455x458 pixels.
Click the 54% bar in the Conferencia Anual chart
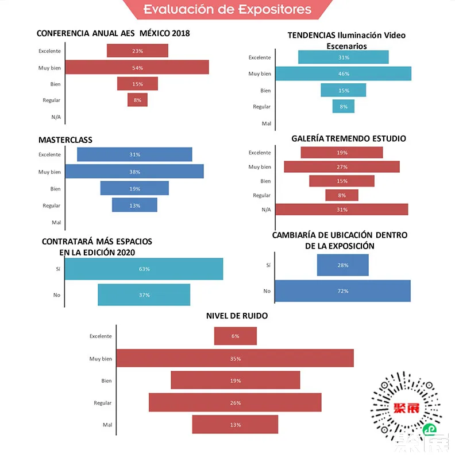point(137,68)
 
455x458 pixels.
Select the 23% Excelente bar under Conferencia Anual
point(137,51)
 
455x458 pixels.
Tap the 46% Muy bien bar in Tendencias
point(344,74)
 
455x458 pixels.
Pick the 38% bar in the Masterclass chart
point(134,172)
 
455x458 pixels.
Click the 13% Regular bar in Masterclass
point(134,205)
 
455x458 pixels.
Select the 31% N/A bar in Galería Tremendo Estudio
point(342,209)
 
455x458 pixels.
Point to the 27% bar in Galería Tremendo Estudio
point(342,167)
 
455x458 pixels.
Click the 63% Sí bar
point(144,269)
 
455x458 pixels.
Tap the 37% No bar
point(144,295)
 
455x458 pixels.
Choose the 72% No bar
point(342,291)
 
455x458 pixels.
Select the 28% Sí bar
point(342,265)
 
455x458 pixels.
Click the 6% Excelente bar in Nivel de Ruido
point(236,336)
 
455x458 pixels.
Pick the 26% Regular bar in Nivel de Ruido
point(235,403)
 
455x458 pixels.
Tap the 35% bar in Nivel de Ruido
point(235,359)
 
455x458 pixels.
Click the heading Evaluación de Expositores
point(227,10)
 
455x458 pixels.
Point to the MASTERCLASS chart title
point(65,140)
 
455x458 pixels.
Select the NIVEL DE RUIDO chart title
point(237,316)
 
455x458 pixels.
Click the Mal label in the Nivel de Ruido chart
point(106,425)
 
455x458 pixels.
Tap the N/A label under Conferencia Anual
point(56,117)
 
